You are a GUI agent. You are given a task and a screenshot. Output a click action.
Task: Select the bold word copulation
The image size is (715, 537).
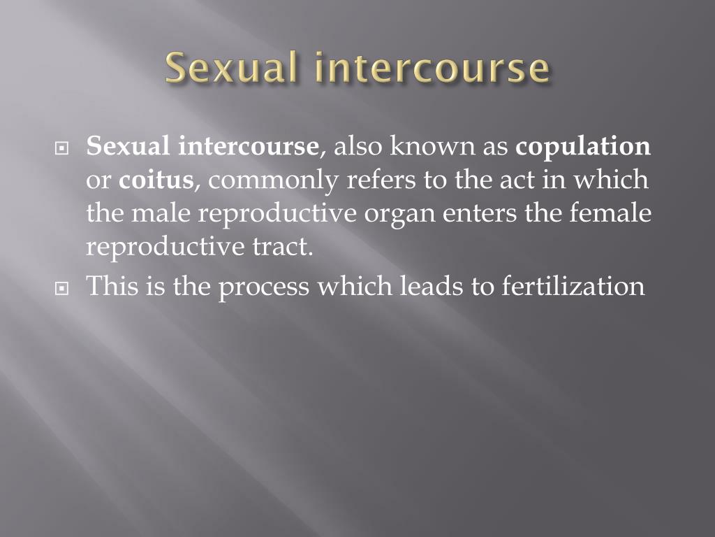point(583,148)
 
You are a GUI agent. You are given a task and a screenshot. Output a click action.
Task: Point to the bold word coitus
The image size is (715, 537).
point(156,180)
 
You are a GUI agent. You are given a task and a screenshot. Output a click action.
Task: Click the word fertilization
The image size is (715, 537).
point(573,287)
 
